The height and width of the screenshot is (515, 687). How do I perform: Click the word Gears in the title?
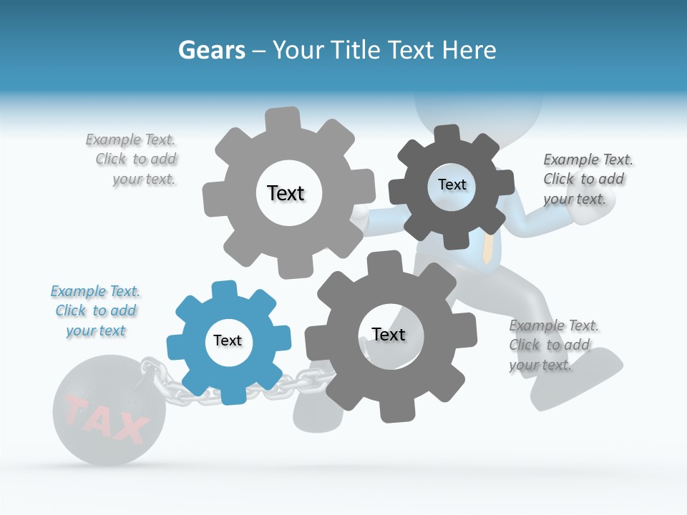point(211,51)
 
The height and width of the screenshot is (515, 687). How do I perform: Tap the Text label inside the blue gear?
point(228,341)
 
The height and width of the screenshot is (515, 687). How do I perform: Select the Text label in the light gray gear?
point(286,193)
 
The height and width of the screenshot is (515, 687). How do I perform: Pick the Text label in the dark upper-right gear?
point(452,185)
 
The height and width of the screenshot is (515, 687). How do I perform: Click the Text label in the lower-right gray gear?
point(389,334)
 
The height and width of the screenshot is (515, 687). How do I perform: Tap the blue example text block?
point(95,311)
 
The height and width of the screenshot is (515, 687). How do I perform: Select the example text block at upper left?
point(132,160)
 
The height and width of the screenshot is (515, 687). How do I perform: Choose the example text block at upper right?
point(587,179)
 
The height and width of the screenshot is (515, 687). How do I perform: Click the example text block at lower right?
point(552,345)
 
